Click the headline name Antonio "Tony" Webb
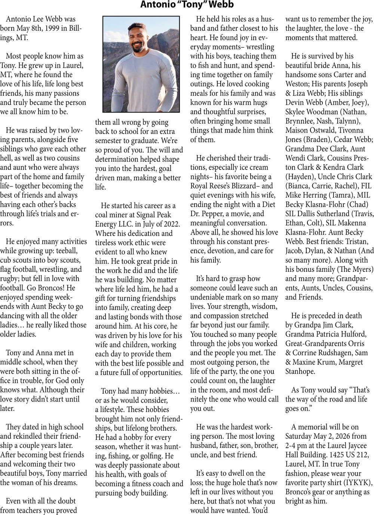point(187,5)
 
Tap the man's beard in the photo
point(137,47)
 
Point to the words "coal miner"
point(117,215)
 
